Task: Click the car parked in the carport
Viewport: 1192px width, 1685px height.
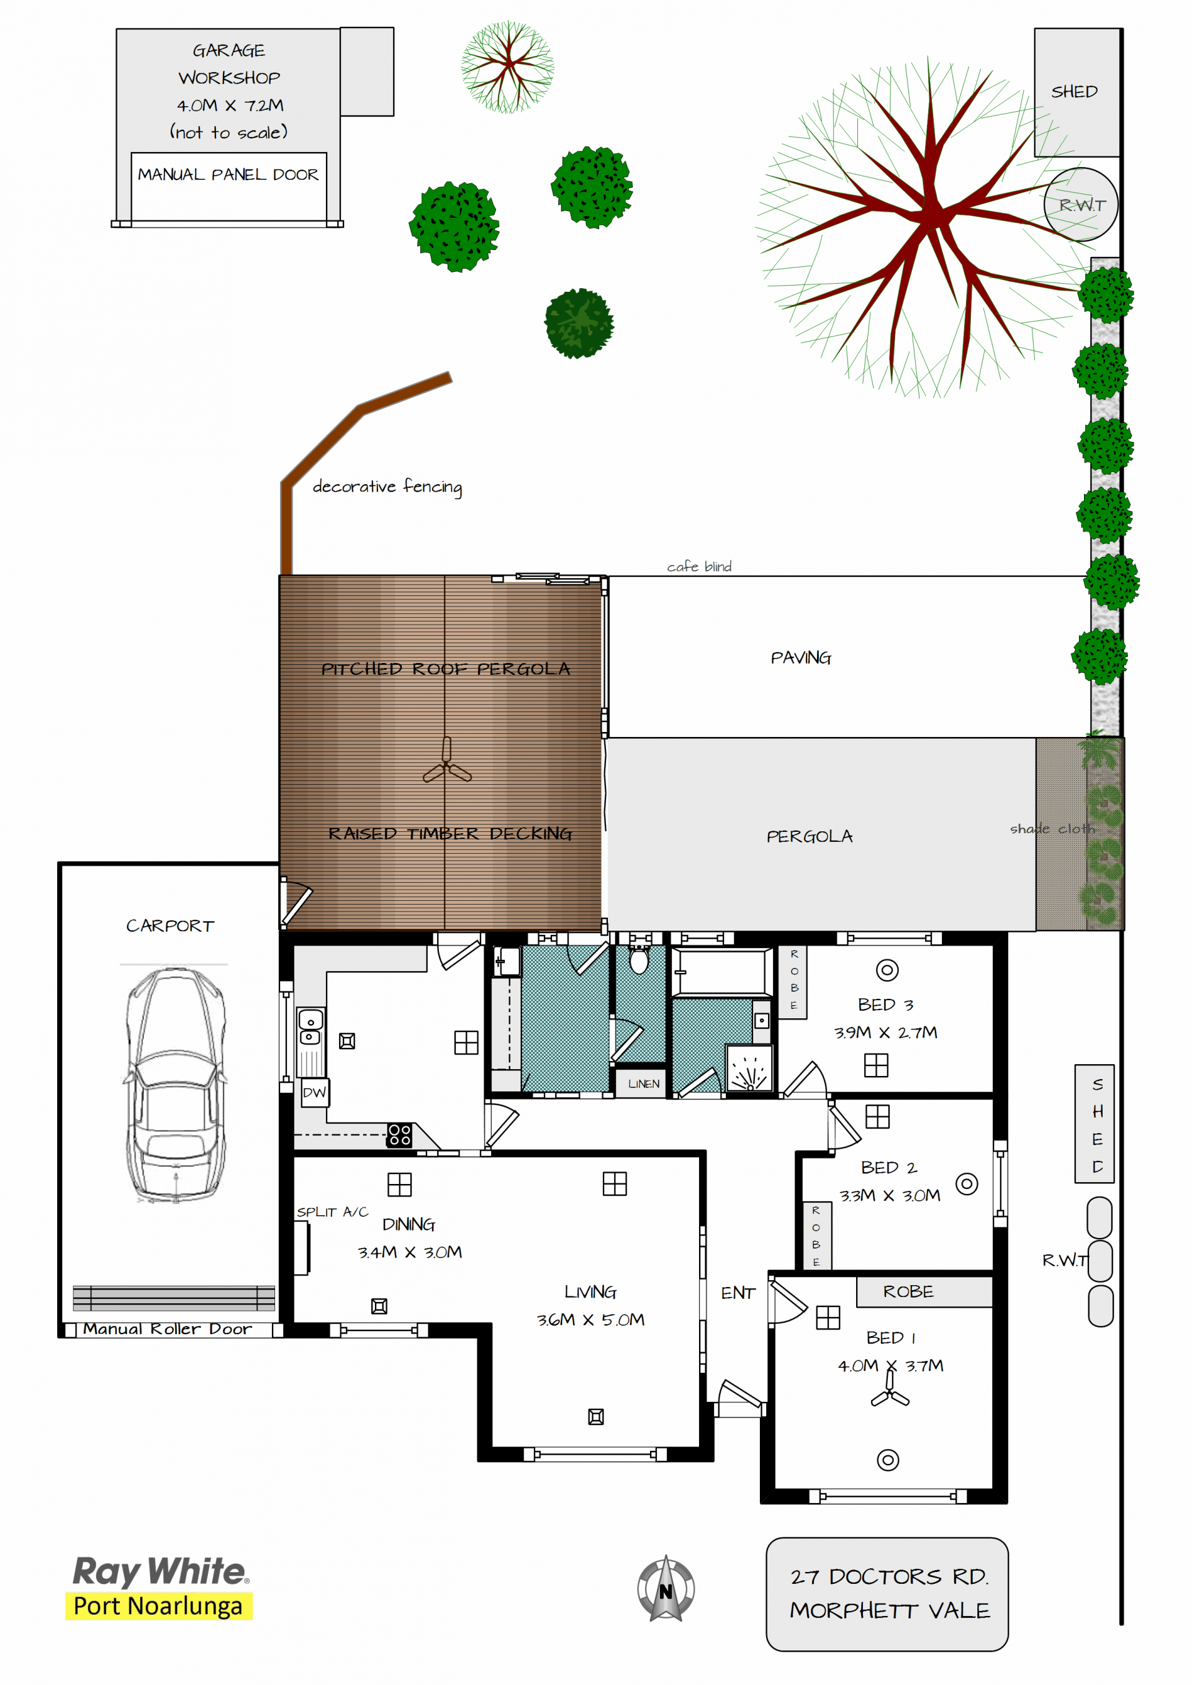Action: pyautogui.click(x=176, y=1085)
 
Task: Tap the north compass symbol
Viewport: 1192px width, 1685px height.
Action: pyautogui.click(x=666, y=1588)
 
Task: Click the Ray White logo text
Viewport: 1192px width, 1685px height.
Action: pyautogui.click(x=161, y=1572)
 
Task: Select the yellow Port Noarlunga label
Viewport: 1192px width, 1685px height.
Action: pyautogui.click(x=158, y=1606)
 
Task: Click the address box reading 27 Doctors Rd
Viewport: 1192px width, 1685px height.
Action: pyautogui.click(x=887, y=1593)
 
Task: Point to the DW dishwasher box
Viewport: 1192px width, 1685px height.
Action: pyautogui.click(x=315, y=1092)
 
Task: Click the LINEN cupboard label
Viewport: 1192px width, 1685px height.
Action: pyautogui.click(x=644, y=1083)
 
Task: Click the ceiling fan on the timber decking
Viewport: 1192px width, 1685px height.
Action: pyautogui.click(x=447, y=762)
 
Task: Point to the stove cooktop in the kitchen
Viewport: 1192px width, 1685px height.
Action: pyautogui.click(x=399, y=1134)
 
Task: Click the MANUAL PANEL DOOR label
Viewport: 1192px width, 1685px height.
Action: pyautogui.click(x=228, y=174)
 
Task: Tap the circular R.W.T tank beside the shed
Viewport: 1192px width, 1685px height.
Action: pyautogui.click(x=1080, y=205)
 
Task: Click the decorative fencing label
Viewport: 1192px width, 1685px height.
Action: pyautogui.click(x=387, y=487)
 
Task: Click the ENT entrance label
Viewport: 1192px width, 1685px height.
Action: pyautogui.click(x=738, y=1293)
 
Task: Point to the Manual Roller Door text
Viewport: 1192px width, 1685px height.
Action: pyautogui.click(x=168, y=1329)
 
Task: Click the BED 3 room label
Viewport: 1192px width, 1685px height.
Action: pyautogui.click(x=886, y=1005)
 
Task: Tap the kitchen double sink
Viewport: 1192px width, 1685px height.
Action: pyautogui.click(x=310, y=1027)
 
